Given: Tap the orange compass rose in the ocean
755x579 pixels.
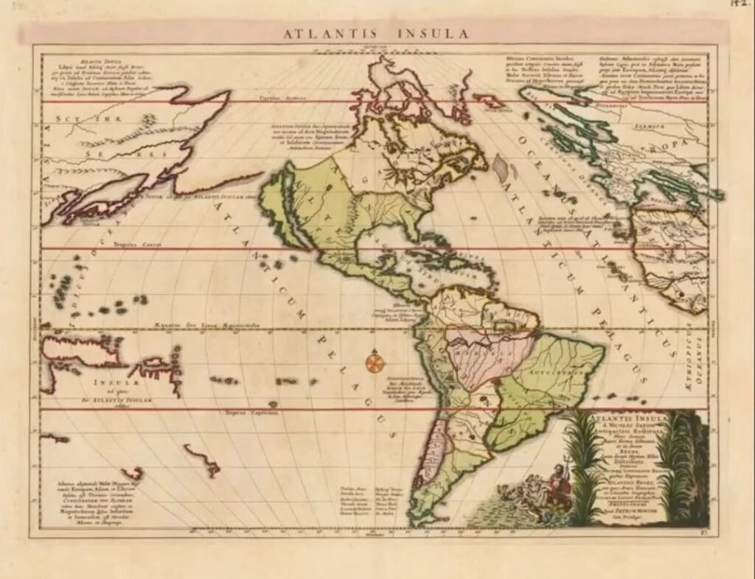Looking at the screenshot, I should point(375,362).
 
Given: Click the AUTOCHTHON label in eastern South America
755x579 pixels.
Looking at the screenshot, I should point(557,373).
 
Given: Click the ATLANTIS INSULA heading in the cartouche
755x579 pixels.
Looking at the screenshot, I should point(627,418).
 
